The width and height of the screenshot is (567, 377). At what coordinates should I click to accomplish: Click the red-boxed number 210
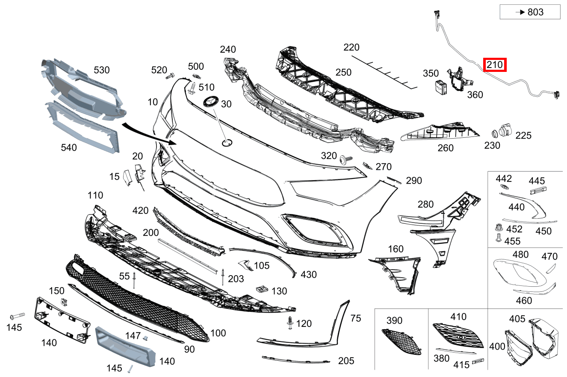click(495, 65)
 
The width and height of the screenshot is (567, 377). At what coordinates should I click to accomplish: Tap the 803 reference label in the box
click(535, 12)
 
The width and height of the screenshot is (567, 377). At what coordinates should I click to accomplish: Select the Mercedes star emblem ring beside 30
click(211, 101)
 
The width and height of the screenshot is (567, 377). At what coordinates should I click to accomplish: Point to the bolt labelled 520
click(170, 76)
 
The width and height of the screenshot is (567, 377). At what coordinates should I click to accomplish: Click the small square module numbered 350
click(441, 87)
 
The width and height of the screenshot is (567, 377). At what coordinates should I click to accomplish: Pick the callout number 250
click(343, 72)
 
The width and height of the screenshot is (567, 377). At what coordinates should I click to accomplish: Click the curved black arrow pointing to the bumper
click(149, 134)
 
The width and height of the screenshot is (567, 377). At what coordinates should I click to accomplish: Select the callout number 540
click(68, 148)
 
